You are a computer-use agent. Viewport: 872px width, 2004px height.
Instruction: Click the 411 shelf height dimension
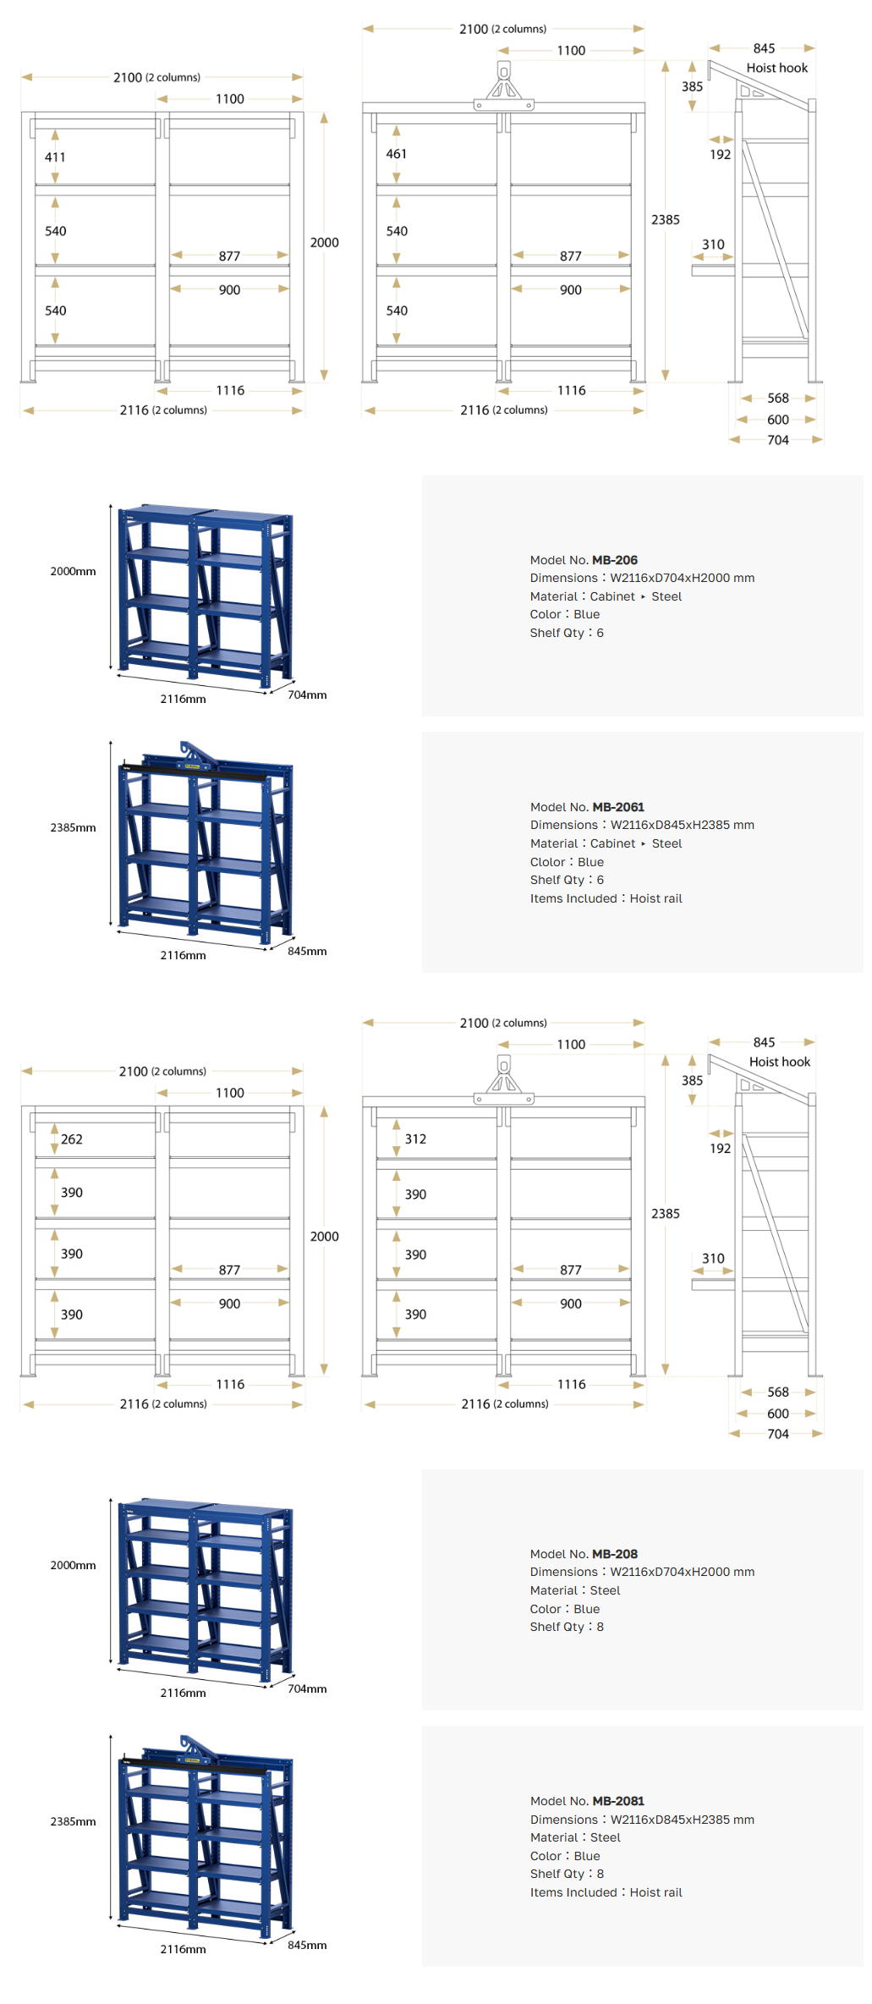55,157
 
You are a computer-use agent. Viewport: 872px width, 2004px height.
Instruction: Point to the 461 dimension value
397,154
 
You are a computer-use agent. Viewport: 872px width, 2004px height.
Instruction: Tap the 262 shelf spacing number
72,1139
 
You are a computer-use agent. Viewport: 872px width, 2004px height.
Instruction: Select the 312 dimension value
415,1139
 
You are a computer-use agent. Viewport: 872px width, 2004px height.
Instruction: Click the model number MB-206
615,560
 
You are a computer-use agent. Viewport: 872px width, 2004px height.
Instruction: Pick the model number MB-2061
618,807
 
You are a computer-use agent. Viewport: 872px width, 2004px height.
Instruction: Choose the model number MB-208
615,1554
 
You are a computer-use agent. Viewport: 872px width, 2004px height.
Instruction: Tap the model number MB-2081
618,1801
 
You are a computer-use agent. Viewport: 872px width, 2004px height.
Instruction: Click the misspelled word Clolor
547,862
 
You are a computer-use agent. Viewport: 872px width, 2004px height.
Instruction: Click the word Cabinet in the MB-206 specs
612,596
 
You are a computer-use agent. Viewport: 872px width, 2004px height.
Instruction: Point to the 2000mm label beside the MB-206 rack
73,571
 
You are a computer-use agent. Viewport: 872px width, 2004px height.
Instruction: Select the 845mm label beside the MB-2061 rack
307,951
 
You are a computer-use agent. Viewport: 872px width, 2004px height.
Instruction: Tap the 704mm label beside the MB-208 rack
307,1688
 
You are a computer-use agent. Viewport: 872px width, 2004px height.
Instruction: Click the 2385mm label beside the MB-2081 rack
73,1821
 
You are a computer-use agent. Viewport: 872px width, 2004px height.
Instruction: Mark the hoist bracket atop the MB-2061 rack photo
195,753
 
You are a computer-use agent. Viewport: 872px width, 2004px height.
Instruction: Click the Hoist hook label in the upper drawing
777,68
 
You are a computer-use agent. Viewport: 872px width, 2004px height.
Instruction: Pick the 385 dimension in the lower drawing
692,1080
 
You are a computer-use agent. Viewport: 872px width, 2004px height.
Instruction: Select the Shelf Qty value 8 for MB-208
600,1627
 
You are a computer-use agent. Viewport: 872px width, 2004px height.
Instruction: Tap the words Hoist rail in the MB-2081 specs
655,1892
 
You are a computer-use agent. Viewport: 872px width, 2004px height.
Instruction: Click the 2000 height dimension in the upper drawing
324,243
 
